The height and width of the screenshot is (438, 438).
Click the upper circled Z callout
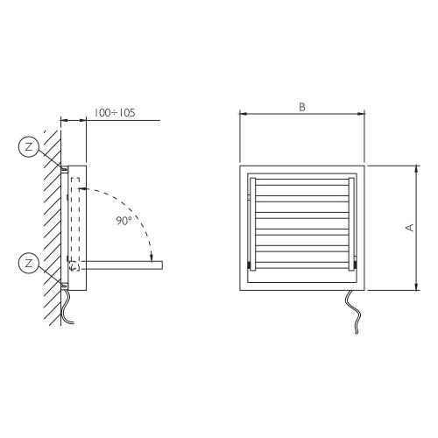29,146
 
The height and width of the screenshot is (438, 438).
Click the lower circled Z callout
29,264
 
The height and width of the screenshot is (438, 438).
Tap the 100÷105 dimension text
115,113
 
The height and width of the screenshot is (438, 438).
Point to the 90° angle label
124,221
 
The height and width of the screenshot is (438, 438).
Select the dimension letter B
302,107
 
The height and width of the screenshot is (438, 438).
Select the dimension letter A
410,228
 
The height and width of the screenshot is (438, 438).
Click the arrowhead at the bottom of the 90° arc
152,258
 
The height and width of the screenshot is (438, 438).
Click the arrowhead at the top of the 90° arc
82,188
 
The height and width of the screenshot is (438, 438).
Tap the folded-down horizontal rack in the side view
122,265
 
